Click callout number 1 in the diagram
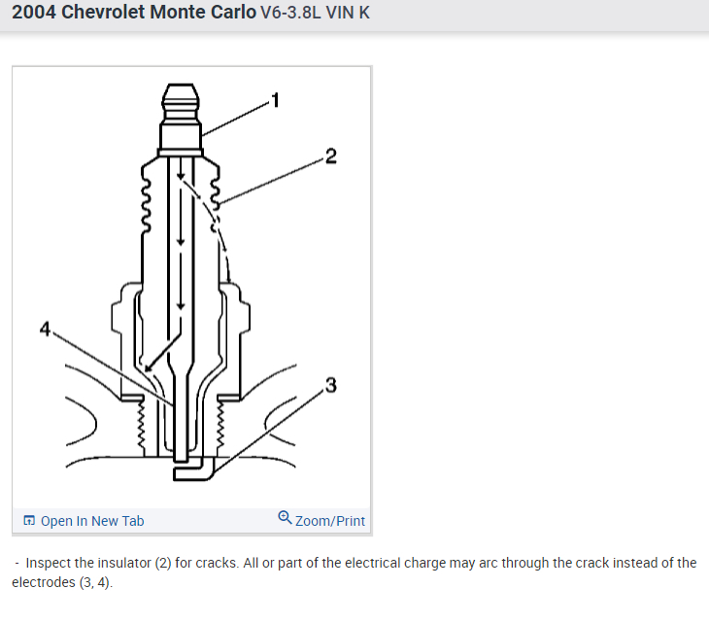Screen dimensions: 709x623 pos(276,100)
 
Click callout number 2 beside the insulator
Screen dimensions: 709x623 pos(331,156)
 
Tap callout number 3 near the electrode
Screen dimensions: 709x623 pos(331,385)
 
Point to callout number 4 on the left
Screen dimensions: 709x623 pos(45,329)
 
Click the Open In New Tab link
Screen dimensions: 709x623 pos(92,521)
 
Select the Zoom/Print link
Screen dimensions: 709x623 pos(329,521)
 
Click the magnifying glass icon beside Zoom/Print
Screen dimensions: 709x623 pos(285,518)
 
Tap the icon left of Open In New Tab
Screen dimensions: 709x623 pos(29,520)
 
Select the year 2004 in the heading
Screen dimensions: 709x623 pos(33,13)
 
